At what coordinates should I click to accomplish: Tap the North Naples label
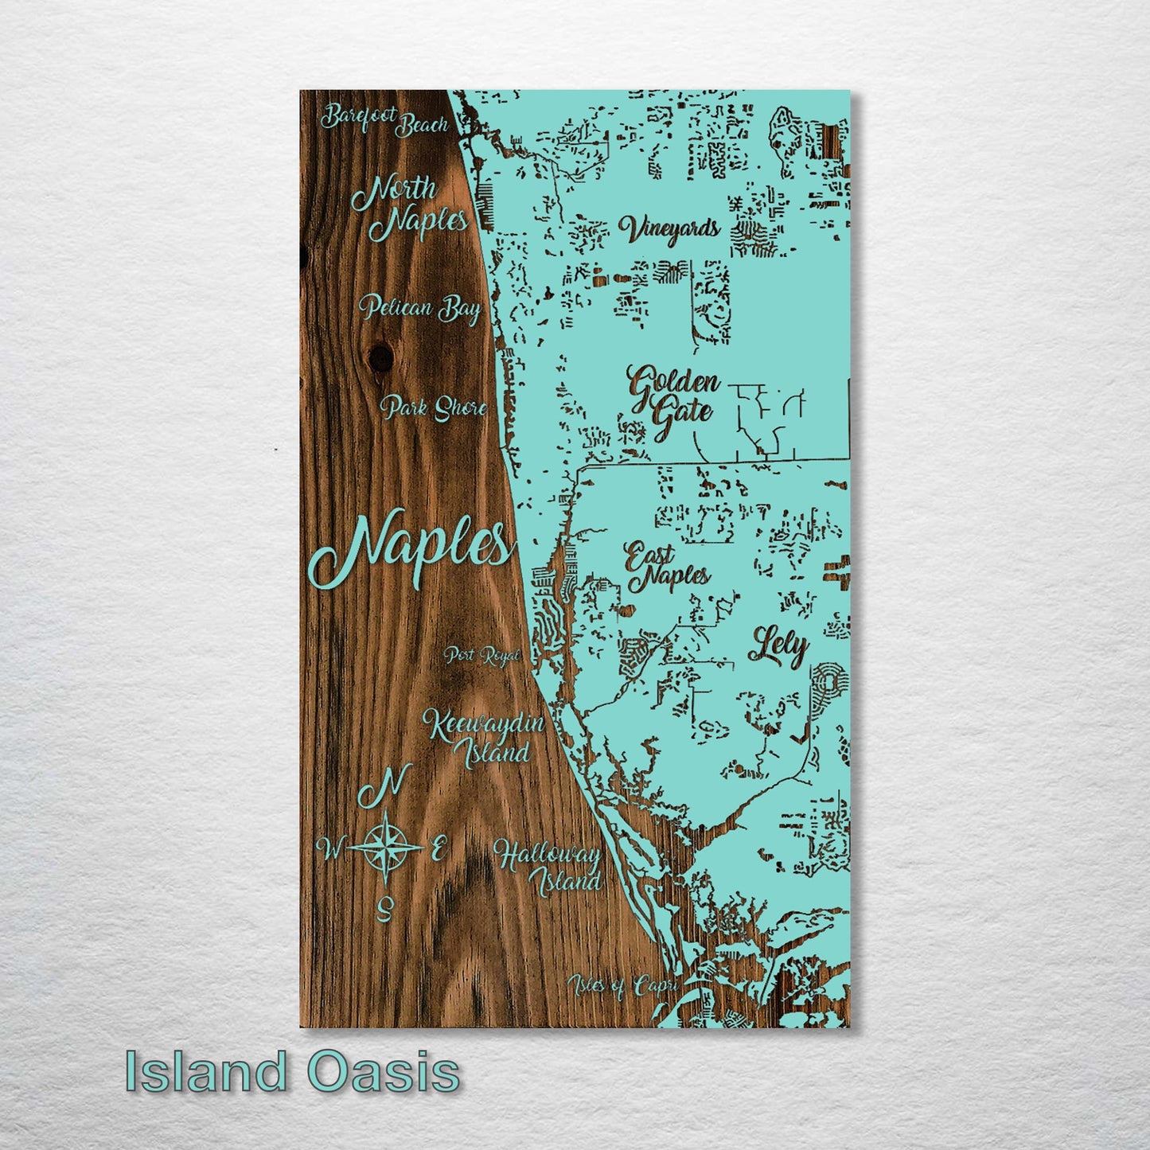408,205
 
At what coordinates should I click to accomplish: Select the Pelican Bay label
419,308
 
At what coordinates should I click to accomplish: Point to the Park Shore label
434,409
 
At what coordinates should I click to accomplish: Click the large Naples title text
410,548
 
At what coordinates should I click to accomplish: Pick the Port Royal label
482,656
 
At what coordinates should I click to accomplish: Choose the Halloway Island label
548,868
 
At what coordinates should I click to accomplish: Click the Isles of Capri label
623,987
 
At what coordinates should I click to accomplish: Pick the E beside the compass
437,849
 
